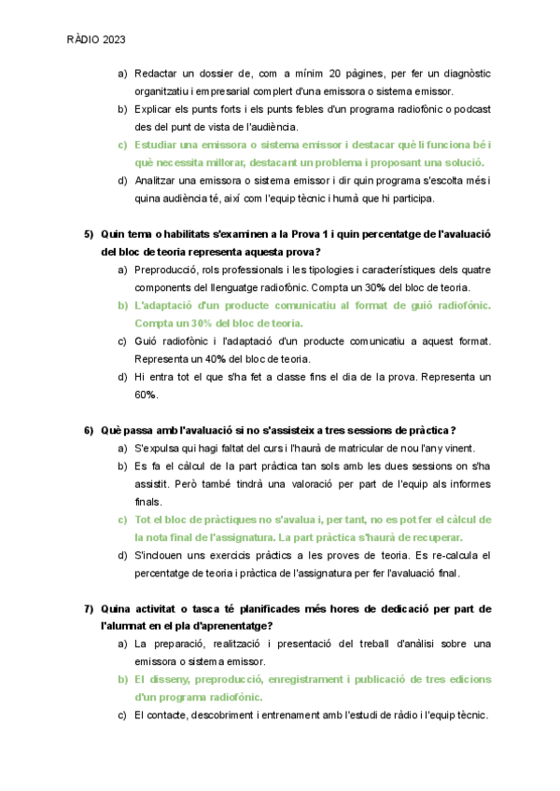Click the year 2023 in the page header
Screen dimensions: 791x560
[x=112, y=40]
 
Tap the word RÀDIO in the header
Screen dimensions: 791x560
[x=82, y=40]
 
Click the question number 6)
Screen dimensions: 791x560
[x=90, y=430]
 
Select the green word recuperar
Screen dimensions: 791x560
[x=435, y=537]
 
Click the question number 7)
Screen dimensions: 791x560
[x=90, y=609]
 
